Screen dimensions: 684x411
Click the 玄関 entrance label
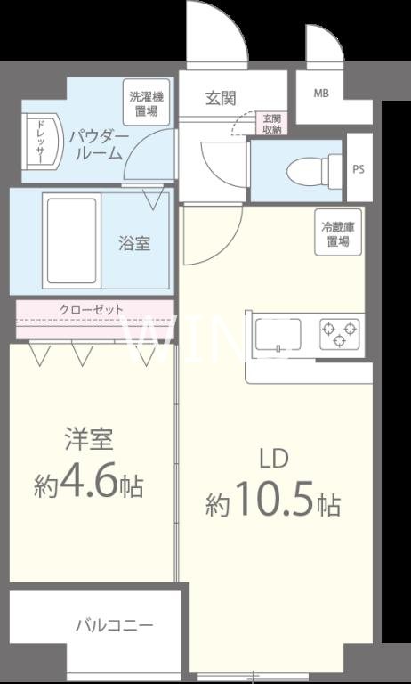(220, 97)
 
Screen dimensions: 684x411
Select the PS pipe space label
(358, 169)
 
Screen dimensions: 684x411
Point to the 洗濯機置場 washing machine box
(143, 103)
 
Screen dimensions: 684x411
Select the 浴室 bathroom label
(135, 242)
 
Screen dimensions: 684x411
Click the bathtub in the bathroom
(71, 240)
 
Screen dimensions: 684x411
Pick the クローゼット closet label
(92, 309)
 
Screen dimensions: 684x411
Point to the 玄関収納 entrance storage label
(270, 124)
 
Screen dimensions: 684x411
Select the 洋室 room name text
(89, 440)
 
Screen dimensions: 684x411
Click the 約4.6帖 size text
(89, 485)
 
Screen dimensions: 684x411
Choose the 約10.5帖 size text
(272, 504)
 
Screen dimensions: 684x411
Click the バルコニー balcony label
(114, 624)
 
